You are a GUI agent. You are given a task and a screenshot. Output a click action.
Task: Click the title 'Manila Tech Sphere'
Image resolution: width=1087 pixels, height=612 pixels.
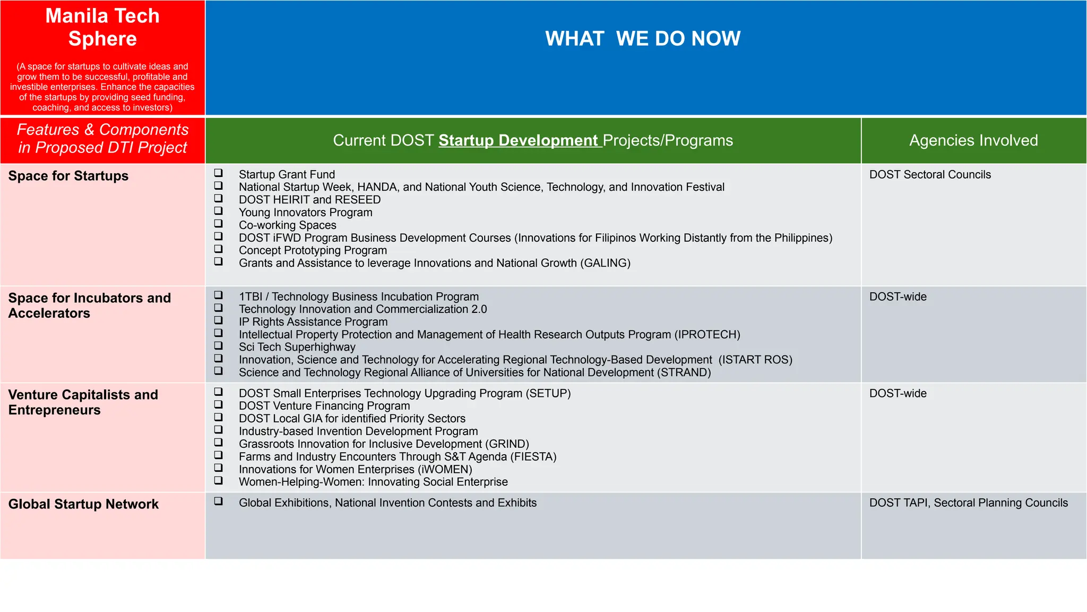click(x=102, y=27)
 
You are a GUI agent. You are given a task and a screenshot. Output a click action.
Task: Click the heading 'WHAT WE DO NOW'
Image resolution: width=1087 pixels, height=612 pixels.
click(x=642, y=39)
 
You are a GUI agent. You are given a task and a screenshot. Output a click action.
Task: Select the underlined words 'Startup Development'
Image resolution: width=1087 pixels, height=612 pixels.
click(x=518, y=140)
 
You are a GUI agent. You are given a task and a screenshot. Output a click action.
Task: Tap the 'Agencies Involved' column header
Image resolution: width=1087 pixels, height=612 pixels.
click(x=973, y=140)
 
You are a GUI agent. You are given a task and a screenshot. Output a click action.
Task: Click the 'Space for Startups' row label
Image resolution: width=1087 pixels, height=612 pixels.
click(x=68, y=176)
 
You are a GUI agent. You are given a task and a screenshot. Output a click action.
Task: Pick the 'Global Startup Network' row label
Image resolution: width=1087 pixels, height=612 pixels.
click(x=83, y=504)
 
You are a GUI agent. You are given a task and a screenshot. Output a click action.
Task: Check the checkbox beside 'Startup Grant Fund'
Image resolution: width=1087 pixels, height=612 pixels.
click(x=218, y=173)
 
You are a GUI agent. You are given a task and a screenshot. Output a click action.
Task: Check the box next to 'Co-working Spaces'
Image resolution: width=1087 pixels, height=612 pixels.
click(x=218, y=224)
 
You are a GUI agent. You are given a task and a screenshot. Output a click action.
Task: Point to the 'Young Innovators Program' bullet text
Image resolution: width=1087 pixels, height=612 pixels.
click(x=305, y=212)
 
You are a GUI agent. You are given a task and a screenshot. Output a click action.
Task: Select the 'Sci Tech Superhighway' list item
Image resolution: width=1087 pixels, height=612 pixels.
click(x=297, y=347)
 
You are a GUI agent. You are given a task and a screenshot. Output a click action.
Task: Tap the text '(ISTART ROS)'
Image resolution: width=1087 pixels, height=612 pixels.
click(x=755, y=360)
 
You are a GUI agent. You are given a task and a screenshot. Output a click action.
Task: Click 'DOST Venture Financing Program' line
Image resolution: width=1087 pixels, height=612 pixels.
click(x=324, y=406)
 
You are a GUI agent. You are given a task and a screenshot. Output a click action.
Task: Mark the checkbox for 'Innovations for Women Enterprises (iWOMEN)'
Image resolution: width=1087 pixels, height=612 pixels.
click(x=218, y=468)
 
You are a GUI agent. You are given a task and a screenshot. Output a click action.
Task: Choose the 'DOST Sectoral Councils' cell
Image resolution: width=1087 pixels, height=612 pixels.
click(x=930, y=175)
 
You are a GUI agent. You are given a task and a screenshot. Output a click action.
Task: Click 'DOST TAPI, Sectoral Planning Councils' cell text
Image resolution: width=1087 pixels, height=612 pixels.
click(x=968, y=503)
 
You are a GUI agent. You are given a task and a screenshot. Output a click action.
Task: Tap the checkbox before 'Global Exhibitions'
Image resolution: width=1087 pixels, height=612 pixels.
click(x=218, y=501)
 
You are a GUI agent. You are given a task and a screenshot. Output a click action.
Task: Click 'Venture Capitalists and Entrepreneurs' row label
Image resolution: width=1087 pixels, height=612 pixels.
click(x=83, y=402)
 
